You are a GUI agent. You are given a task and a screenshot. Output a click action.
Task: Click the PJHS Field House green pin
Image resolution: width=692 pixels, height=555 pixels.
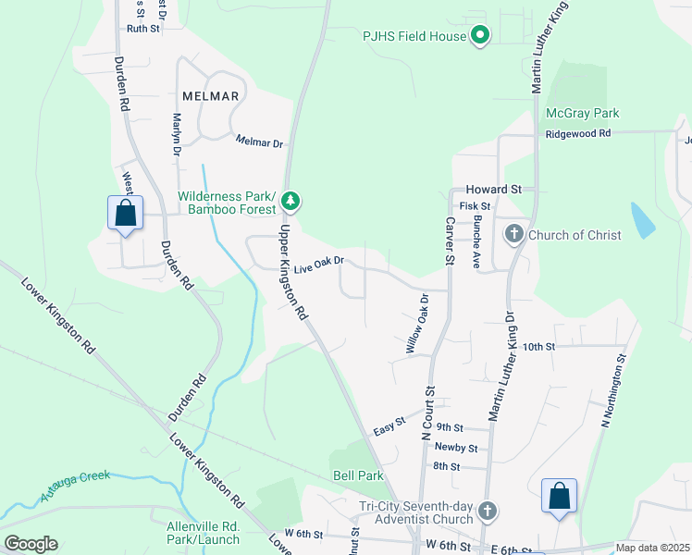[x=480, y=36]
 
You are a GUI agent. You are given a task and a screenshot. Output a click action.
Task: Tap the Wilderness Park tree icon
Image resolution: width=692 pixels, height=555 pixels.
[x=290, y=200]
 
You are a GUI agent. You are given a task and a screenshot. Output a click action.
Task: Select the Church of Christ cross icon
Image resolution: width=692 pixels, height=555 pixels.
[x=514, y=234]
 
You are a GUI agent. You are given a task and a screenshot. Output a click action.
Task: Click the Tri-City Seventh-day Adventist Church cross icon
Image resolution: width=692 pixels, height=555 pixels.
[x=488, y=512]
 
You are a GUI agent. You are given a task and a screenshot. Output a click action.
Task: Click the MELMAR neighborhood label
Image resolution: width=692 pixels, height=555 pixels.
[x=210, y=96]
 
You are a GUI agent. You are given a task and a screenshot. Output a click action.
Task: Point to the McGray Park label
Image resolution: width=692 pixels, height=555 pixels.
[x=582, y=113]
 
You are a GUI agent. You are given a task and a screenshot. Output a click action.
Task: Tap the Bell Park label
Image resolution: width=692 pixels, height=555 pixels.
[x=358, y=475]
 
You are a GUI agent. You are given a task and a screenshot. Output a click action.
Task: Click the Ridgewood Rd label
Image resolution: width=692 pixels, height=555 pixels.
[x=578, y=133]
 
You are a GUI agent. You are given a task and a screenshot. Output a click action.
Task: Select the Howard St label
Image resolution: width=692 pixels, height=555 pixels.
[x=494, y=189]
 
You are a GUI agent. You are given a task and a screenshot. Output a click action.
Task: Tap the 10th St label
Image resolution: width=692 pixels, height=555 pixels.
[x=538, y=346]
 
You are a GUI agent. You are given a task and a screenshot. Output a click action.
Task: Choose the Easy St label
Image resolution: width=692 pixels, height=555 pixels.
[x=389, y=425]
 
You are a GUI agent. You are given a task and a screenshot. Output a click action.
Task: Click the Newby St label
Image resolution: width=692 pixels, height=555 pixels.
[x=455, y=448]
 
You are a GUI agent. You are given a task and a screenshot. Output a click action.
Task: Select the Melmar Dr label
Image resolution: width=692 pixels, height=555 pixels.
[x=259, y=142]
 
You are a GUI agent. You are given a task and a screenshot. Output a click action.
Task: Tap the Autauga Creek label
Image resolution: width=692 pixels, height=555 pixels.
[x=76, y=487]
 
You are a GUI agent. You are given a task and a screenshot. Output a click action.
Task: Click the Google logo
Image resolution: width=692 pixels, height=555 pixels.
[x=31, y=544]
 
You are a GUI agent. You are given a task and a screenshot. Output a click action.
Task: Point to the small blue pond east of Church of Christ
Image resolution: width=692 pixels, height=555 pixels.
[x=642, y=220]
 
